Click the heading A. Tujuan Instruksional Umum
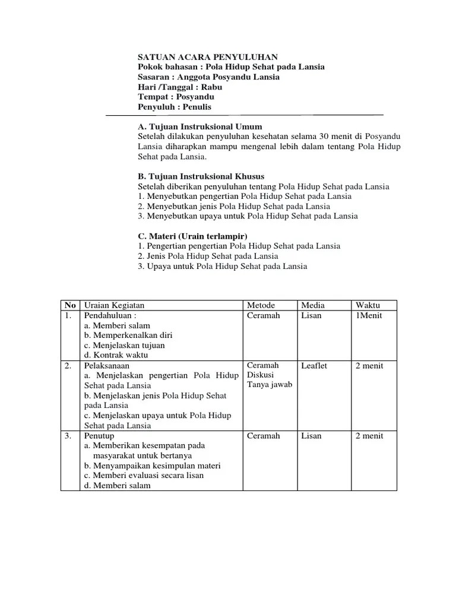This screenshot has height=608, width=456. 199,127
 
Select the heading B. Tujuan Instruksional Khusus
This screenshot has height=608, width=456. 201,177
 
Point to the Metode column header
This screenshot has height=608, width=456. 261,305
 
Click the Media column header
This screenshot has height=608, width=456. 313,305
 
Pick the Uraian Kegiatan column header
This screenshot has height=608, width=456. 115,305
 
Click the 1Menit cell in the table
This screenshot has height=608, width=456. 369,315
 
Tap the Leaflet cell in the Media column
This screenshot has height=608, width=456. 314,366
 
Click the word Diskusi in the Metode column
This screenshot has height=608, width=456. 260,375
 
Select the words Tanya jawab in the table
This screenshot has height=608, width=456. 270,384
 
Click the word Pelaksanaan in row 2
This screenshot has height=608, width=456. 107,366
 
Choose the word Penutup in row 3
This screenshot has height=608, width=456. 99,436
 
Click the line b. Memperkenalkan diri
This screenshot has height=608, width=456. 125,335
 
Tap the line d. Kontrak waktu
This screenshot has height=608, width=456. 116,355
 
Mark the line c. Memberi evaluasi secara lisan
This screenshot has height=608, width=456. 144,475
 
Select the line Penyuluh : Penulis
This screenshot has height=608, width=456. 175,107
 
